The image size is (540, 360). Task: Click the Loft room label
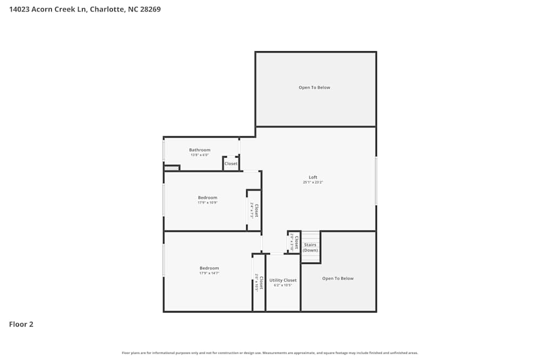[313, 177]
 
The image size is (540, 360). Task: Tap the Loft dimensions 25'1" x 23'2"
[313, 182]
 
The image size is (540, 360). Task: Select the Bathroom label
[199, 150]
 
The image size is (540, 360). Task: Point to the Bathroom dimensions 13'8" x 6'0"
[199, 155]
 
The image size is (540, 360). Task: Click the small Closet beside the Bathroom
[231, 164]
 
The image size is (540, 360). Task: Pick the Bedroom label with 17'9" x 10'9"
[207, 198]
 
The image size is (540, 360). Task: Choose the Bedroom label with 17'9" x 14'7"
[209, 268]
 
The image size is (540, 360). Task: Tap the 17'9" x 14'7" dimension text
[209, 273]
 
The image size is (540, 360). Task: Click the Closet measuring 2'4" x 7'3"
[254, 210]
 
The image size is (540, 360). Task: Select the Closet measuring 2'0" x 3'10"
[294, 242]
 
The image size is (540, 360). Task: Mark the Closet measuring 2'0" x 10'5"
[259, 283]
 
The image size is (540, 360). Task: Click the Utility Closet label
[283, 280]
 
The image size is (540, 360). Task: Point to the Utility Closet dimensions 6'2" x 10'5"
[283, 286]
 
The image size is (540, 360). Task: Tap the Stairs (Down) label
[310, 247]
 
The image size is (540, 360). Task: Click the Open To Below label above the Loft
[314, 87]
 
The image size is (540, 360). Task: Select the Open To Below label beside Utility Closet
[338, 279]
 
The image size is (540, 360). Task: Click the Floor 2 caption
[21, 324]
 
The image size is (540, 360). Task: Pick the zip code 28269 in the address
[150, 9]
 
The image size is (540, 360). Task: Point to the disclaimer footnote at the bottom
[270, 353]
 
